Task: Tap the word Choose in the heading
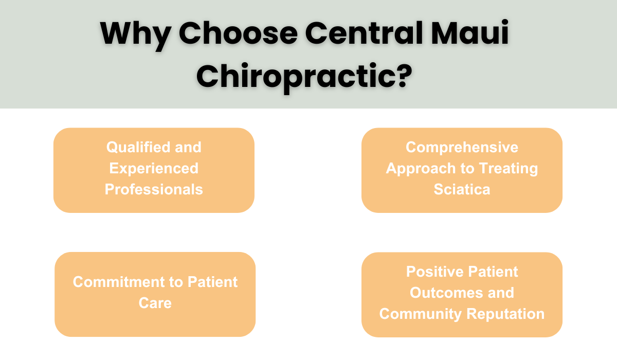238,34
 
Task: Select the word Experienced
154,168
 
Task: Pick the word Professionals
154,189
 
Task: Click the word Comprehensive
462,148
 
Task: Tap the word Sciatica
462,189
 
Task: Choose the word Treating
509,168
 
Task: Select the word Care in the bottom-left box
155,303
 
